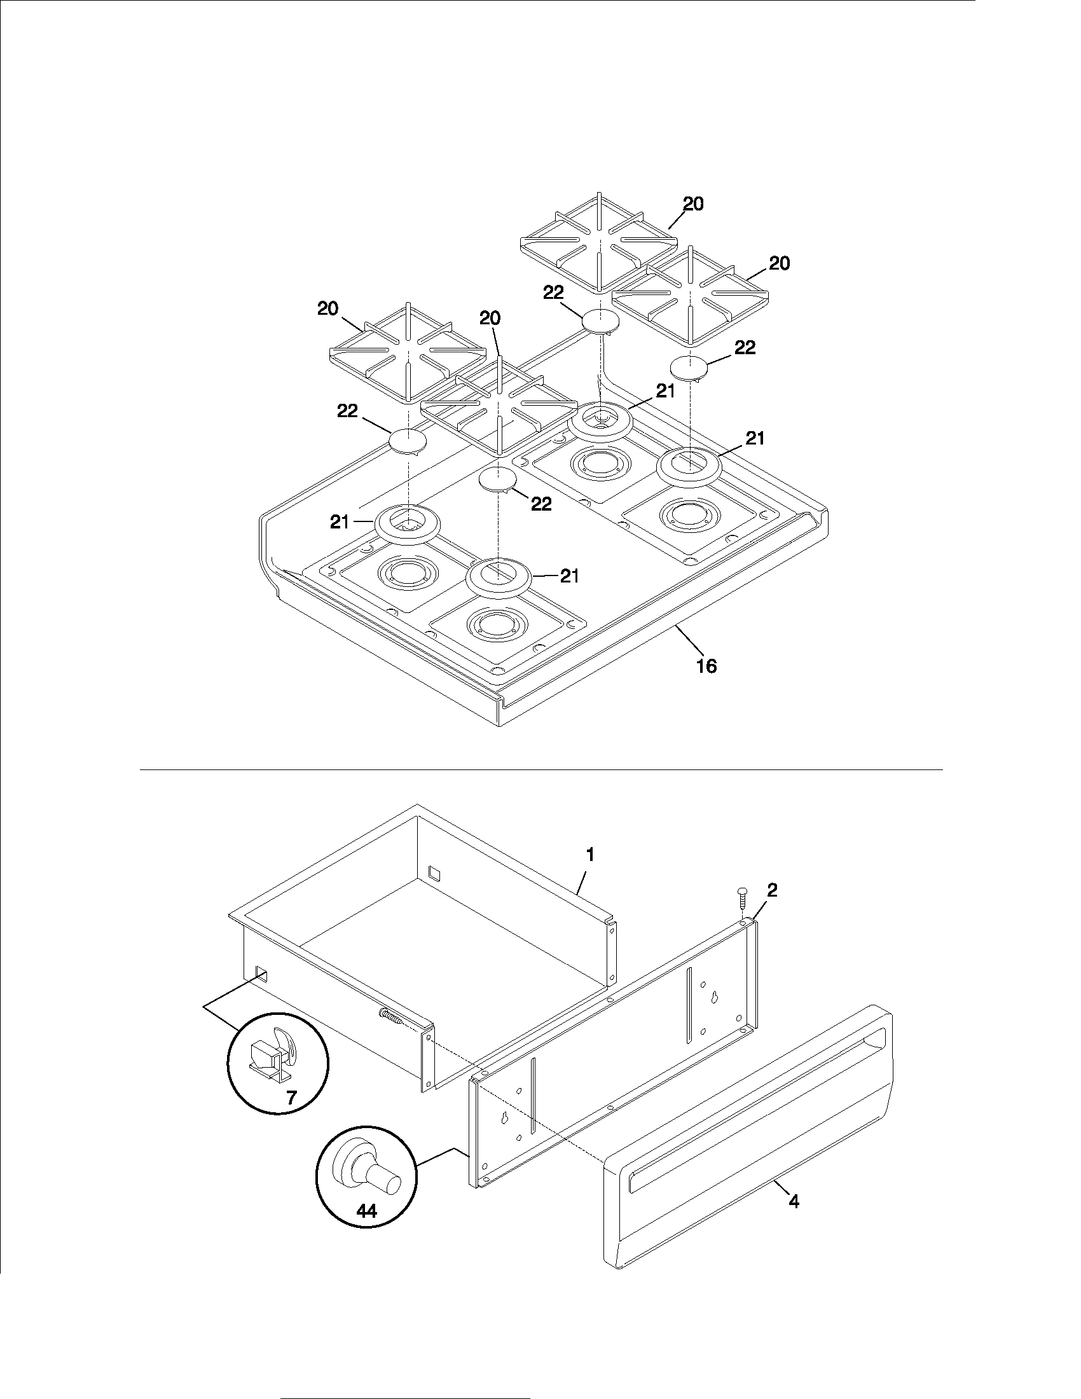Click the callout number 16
706,666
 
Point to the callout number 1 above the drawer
591,855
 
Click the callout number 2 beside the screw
773,890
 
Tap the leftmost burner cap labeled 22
408,441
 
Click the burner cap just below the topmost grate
601,320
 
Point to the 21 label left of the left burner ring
340,522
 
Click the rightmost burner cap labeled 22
689,368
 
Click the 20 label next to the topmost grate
693,203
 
